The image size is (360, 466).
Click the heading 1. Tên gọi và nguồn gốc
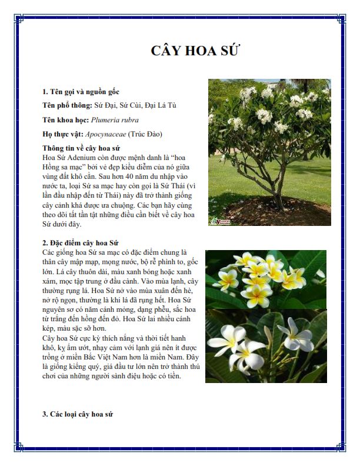point(81,92)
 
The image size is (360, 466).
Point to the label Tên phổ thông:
point(68,106)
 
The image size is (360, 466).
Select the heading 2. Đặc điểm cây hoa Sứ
point(81,242)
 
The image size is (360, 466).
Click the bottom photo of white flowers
point(265,346)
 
